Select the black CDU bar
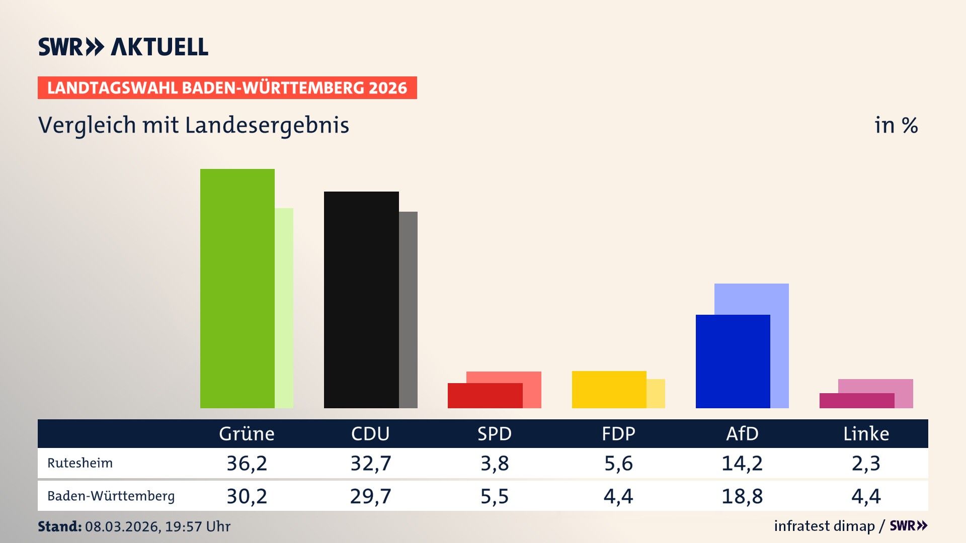(x=361, y=300)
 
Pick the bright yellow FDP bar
(x=609, y=389)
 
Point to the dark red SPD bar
(x=485, y=396)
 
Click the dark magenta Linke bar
(x=856, y=401)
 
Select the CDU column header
(x=370, y=433)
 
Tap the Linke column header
(x=866, y=433)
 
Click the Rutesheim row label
(x=80, y=463)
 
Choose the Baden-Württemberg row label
(x=111, y=496)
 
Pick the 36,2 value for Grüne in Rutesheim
(x=247, y=463)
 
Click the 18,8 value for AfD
(x=742, y=496)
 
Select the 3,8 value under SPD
(x=495, y=463)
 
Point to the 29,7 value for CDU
(x=370, y=496)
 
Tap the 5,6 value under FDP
(x=618, y=463)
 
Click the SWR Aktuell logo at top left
(x=123, y=47)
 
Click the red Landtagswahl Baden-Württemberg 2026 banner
(x=227, y=88)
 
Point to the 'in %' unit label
(x=896, y=125)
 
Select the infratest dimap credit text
(x=824, y=526)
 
